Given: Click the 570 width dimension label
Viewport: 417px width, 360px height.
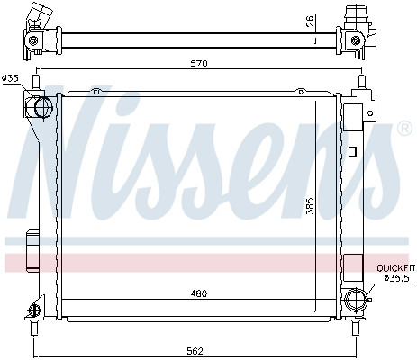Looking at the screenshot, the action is tap(199, 64).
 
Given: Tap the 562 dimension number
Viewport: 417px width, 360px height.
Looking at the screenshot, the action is tap(195, 351).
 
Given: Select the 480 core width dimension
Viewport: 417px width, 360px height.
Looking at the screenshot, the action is tap(199, 293).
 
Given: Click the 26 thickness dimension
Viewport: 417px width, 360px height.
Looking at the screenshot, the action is tap(310, 22).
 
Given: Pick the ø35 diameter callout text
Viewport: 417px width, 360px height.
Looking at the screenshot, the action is tap(10, 78).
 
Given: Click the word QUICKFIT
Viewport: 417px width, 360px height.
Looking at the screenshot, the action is tap(396, 268).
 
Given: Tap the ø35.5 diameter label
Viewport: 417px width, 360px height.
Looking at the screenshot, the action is tap(396, 278).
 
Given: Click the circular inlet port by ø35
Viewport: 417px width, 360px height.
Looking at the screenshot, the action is tap(43, 107).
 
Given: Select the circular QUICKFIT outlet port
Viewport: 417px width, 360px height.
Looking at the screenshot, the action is tap(356, 300).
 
